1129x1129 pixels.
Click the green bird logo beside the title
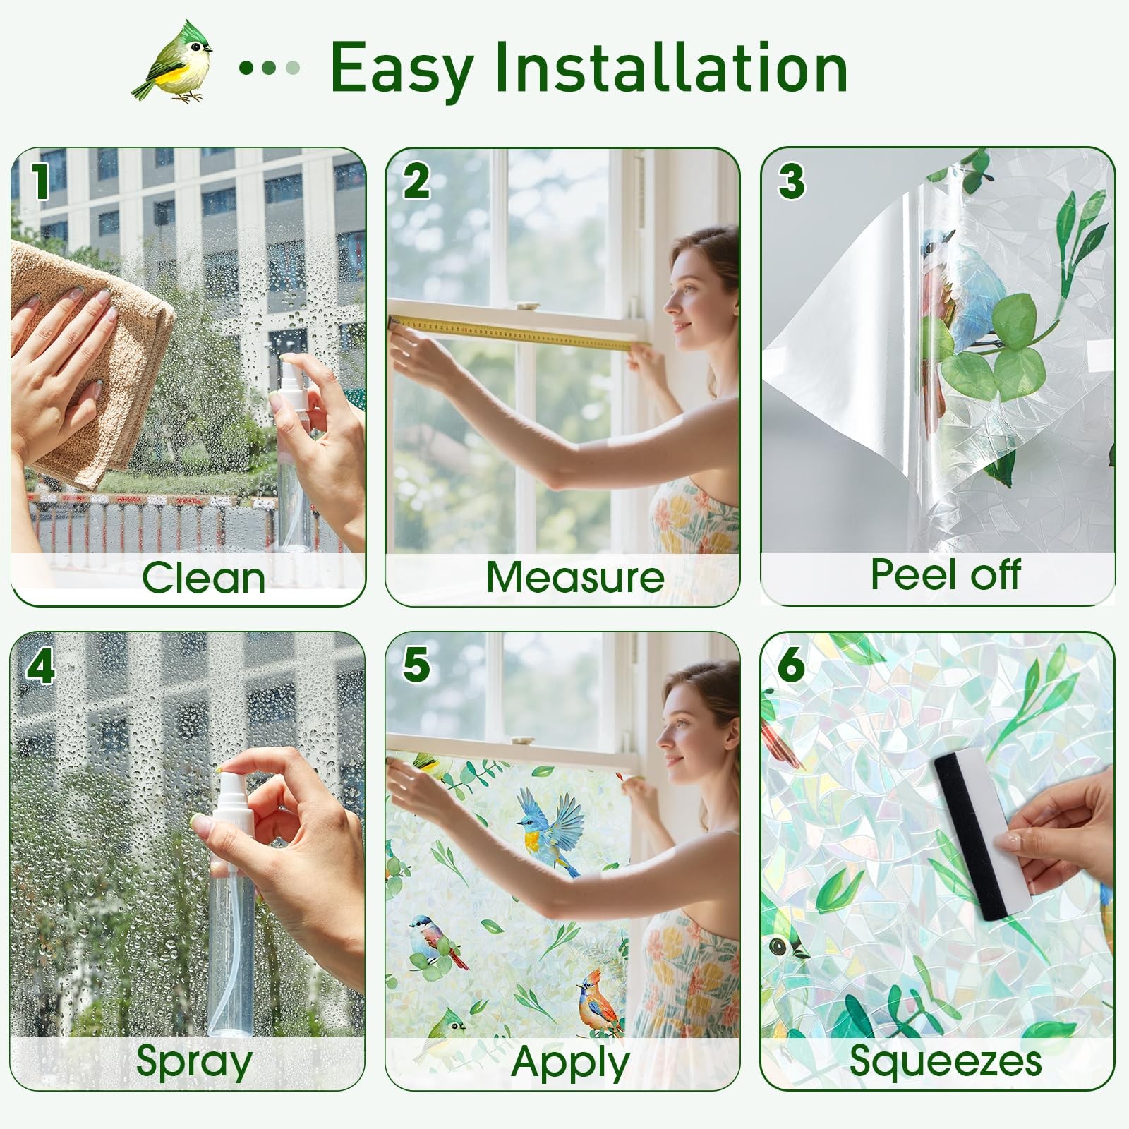(x=173, y=62)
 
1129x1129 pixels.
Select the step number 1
(x=40, y=181)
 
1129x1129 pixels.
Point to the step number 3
(x=791, y=181)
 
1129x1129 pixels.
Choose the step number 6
(x=790, y=665)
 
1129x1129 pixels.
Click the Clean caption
(x=203, y=579)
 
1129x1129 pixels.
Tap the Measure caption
(x=575, y=577)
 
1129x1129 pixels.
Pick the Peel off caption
(x=945, y=574)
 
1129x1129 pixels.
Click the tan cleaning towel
(x=92, y=360)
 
